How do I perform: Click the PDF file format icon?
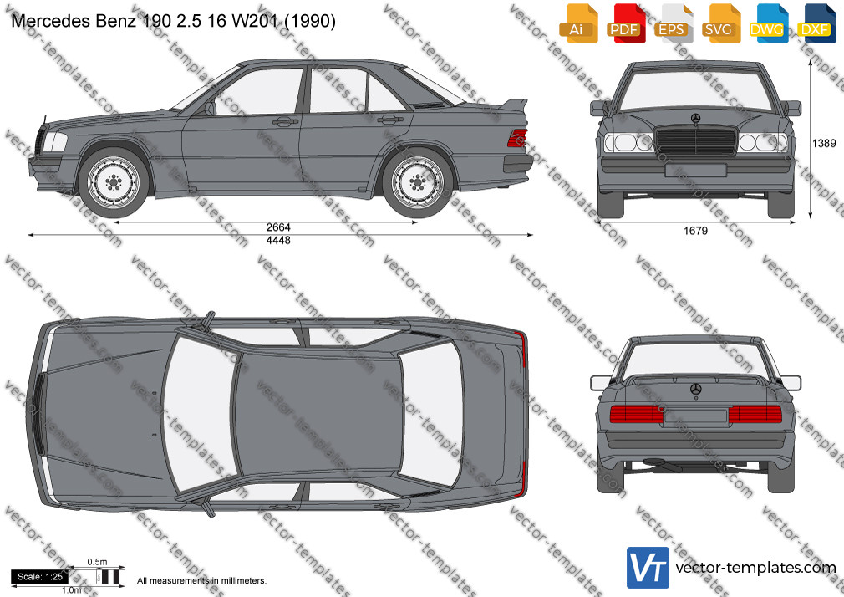624,23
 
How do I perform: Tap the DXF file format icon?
815,23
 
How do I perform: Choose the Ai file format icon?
577,23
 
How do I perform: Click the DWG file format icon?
768,23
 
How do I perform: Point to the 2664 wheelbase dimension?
278,227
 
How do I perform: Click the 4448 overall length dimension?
278,240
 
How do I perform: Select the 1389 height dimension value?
824,143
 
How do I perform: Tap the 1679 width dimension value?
695,231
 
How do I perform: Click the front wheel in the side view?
113,182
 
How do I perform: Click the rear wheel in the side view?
417,182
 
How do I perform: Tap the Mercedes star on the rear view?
695,389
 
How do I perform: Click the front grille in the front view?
695,141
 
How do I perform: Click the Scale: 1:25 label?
40,577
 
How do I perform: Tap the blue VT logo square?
648,568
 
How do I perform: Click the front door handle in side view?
285,122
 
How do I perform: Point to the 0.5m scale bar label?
98,562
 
